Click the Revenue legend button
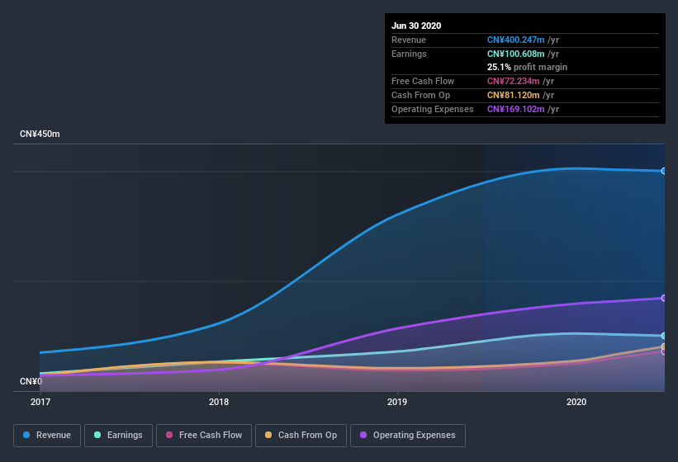(47, 435)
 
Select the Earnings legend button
(119, 435)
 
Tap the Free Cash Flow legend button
(204, 435)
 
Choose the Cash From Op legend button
(301, 435)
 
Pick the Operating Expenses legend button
(407, 435)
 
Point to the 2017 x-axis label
(40, 403)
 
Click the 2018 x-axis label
(219, 403)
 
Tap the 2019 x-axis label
(397, 403)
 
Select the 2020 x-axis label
(576, 403)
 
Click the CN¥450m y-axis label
(40, 134)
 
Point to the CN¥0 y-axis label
(31, 381)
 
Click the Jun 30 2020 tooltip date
(416, 26)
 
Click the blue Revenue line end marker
(664, 171)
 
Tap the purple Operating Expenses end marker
(664, 298)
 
